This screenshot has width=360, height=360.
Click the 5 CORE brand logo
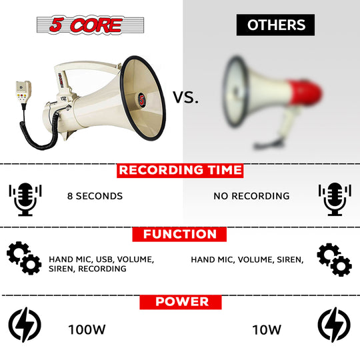90,25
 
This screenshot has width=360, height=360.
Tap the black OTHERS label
275,25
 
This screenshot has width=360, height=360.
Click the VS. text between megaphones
185,97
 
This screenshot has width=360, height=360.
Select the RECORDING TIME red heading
180,171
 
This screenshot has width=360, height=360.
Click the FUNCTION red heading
179,234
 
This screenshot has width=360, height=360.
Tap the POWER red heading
181,302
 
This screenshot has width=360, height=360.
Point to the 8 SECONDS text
95,196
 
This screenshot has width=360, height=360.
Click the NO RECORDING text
251,196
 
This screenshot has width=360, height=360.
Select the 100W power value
87,330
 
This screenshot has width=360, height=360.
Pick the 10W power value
267,330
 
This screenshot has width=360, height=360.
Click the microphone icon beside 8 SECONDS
25,199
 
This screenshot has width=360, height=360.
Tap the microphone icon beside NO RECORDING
335,199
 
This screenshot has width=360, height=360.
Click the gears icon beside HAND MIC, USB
24,258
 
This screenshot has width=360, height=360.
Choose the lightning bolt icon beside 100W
25,325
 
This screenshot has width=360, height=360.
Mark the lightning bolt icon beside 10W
334,325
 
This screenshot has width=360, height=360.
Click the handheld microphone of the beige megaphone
23,92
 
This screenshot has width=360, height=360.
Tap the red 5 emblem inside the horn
142,100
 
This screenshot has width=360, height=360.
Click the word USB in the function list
104,259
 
